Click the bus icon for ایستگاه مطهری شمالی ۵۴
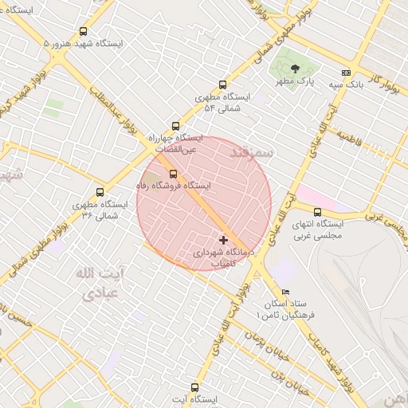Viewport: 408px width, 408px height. click(222, 85)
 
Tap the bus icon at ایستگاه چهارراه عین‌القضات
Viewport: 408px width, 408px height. click(176, 126)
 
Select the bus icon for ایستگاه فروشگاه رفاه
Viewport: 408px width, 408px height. click(173, 174)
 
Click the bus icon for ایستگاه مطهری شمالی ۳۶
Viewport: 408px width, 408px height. click(100, 192)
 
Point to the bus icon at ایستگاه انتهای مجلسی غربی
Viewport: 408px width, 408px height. click(318, 212)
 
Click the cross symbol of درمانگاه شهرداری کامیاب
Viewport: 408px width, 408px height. click(222, 239)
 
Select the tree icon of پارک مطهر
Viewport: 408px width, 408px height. click(296, 69)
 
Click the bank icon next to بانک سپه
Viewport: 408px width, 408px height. click(346, 73)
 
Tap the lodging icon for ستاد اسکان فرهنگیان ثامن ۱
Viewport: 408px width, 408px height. click(286, 292)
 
